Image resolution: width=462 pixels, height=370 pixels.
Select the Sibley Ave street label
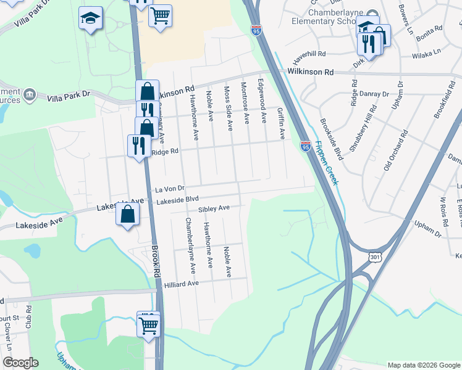214,209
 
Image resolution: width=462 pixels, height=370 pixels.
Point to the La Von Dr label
170,189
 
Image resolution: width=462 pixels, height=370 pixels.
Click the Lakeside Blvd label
177,200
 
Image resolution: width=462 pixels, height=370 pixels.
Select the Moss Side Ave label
229,106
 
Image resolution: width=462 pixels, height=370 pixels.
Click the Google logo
20,363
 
